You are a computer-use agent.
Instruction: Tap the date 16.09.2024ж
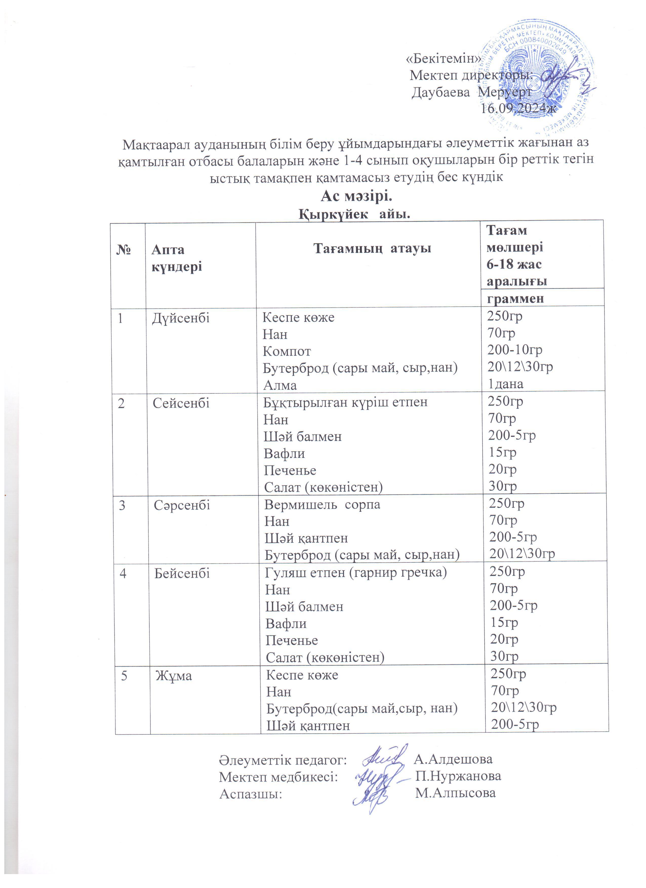click(x=518, y=109)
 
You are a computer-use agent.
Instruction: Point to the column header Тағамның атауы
click(x=373, y=248)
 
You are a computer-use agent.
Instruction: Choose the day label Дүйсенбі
click(x=180, y=318)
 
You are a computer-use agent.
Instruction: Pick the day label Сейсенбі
click(x=181, y=403)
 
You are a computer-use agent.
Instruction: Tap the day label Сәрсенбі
click(x=182, y=505)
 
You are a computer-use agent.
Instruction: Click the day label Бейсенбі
click(x=182, y=574)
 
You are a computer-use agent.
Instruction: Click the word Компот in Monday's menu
click(x=287, y=351)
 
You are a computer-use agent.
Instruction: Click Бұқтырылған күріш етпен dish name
click(x=345, y=402)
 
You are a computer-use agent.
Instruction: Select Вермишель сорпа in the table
click(x=322, y=504)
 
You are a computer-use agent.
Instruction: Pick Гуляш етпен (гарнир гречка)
click(x=356, y=573)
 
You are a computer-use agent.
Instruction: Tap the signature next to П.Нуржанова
click(x=374, y=777)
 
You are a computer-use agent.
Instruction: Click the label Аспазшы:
click(x=251, y=794)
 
